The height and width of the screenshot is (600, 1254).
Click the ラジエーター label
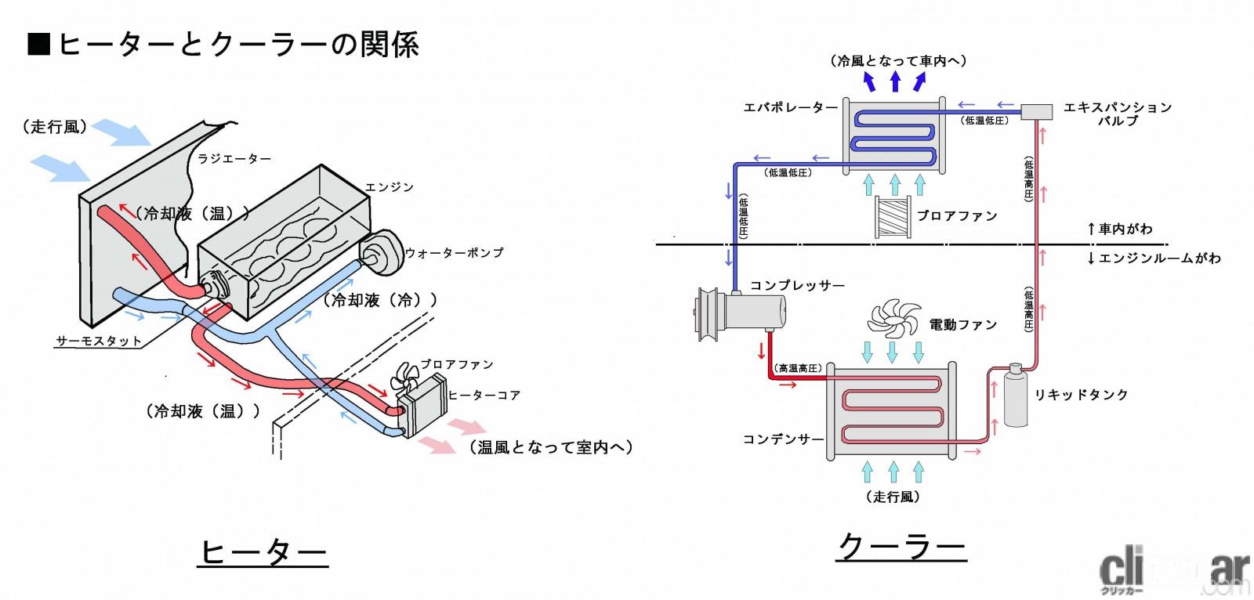[234, 158]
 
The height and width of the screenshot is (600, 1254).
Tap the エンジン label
[389, 187]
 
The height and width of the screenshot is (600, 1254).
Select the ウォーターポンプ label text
[454, 252]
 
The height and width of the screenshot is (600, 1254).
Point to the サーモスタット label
[99, 341]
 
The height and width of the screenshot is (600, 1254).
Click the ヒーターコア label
[484, 395]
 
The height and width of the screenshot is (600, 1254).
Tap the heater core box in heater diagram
[422, 403]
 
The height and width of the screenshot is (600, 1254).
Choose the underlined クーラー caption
[901, 546]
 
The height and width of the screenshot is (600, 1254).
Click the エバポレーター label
[790, 107]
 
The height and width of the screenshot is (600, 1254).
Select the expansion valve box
[1037, 111]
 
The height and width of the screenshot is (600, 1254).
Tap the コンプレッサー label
[797, 285]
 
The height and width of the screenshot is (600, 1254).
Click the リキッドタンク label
[1081, 394]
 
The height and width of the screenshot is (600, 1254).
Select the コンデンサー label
[783, 439]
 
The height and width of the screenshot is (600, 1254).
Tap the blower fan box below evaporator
[894, 217]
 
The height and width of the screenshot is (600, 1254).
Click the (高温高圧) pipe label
[798, 367]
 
